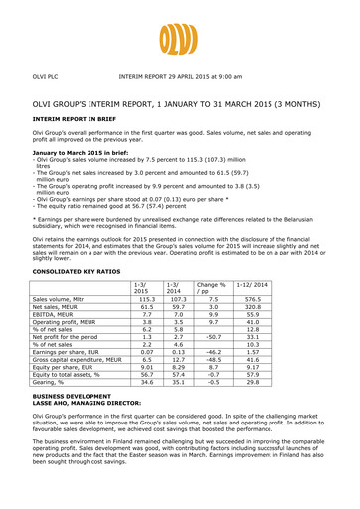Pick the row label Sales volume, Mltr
click(65, 271)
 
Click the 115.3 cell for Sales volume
click(147, 271)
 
